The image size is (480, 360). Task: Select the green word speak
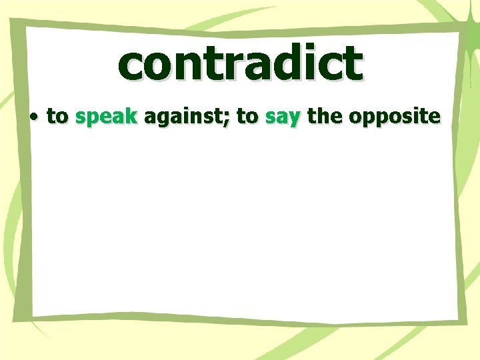coord(106,117)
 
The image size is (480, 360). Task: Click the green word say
coord(283,118)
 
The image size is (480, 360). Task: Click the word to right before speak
coord(57,117)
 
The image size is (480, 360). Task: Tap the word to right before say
coord(247,117)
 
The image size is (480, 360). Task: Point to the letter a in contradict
coord(255,65)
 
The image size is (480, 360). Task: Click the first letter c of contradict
coord(131,65)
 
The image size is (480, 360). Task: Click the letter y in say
coord(296,120)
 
